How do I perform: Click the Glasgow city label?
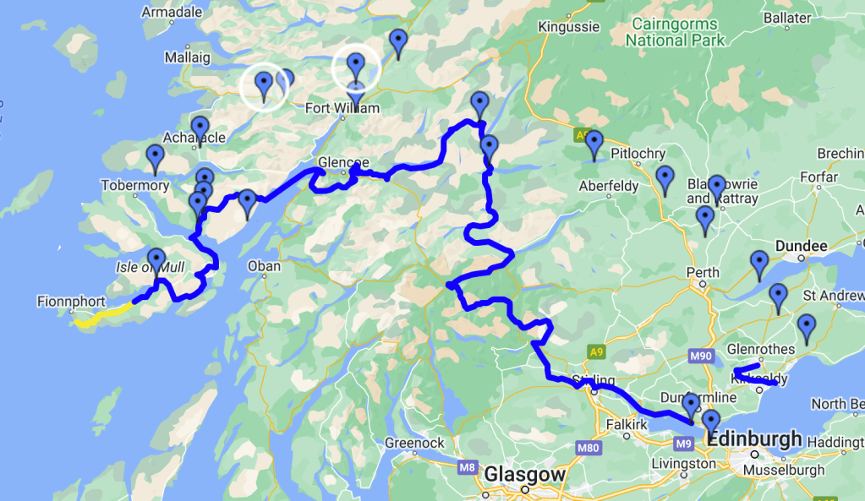tap(524, 476)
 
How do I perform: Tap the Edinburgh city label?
tap(754, 439)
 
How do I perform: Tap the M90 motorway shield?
tap(701, 357)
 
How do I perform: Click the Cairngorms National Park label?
tap(674, 32)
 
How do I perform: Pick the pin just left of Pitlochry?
tap(594, 144)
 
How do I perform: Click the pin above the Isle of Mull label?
tap(156, 260)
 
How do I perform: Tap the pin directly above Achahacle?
tap(200, 129)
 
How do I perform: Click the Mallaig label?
tap(187, 58)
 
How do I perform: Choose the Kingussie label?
tap(568, 27)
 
